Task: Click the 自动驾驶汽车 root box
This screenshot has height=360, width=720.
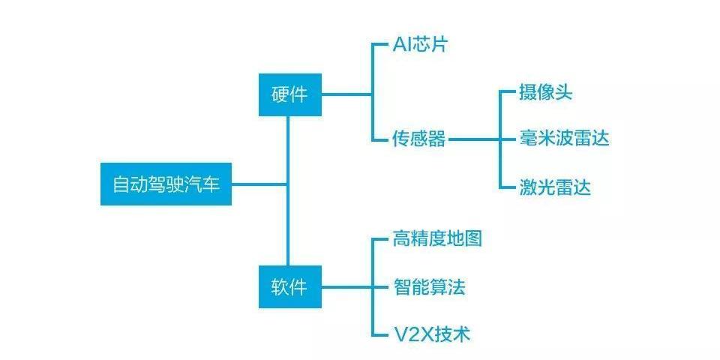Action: click(x=166, y=184)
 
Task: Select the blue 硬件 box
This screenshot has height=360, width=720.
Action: click(x=289, y=94)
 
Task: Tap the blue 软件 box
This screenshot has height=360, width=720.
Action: click(x=289, y=286)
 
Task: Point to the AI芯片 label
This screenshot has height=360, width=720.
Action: click(x=420, y=45)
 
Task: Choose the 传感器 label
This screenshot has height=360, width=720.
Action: click(x=418, y=139)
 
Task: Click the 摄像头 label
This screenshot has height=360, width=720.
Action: click(x=546, y=92)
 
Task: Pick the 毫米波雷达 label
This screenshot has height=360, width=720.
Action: click(x=564, y=139)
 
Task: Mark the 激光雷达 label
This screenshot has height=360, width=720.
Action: click(x=555, y=187)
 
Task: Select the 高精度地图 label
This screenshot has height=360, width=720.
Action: click(x=437, y=239)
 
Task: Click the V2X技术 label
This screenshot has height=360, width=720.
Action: click(x=431, y=334)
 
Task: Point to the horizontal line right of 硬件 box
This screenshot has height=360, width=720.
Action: click(x=346, y=94)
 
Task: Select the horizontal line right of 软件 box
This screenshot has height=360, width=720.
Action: click(x=346, y=286)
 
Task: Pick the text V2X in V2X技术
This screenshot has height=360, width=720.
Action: click(x=411, y=334)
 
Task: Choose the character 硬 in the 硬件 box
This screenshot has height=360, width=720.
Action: click(x=280, y=94)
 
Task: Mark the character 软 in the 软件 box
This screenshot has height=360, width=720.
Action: click(x=280, y=286)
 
